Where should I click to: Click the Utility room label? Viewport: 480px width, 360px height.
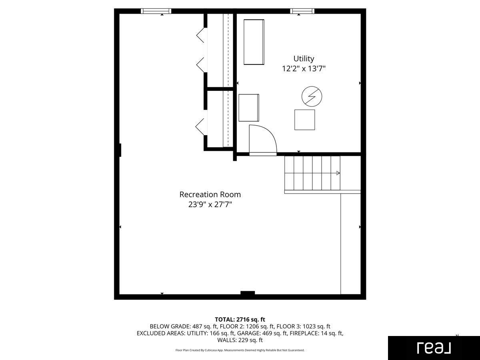point(304,58)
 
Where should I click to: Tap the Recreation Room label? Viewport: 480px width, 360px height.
point(210,194)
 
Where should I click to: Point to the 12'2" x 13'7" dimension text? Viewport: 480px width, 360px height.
point(304,69)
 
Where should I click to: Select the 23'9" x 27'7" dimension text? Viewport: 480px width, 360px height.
point(210,204)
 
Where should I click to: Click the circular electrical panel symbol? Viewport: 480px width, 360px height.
point(312,96)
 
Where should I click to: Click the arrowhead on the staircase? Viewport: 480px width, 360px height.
point(338,173)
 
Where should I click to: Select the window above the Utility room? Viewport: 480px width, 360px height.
point(302,11)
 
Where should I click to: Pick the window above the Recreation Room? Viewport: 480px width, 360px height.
point(156,11)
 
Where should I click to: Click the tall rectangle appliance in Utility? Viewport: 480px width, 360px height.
point(254,42)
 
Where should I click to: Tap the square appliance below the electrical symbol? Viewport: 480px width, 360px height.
point(305,120)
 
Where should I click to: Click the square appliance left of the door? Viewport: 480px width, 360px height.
point(249,108)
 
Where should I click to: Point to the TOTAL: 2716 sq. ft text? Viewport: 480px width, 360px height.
point(240,319)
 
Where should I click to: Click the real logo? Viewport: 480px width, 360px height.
point(434,348)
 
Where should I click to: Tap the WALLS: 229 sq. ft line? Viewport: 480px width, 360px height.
point(240,340)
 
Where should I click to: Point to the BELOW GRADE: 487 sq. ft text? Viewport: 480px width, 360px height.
point(183,326)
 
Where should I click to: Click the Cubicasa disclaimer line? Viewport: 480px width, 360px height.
point(240,350)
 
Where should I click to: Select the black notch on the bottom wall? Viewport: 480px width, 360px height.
point(248,293)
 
